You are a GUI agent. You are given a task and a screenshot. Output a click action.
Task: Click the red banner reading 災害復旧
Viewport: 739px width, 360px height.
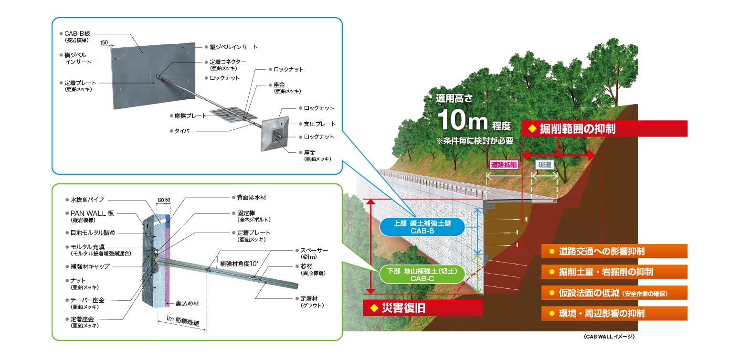click(x=422, y=308)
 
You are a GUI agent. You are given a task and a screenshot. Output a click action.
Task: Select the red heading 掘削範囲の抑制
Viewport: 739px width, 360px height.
click(x=604, y=129)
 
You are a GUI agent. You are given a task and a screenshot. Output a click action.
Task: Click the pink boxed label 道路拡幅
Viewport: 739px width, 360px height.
click(x=504, y=164)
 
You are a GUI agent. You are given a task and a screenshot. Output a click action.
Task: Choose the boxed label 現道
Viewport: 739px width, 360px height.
click(x=544, y=164)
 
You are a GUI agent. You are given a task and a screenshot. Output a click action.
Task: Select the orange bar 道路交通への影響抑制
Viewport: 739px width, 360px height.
click(x=614, y=251)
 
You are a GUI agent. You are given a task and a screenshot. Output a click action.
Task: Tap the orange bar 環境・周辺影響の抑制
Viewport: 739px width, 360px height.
click(x=614, y=313)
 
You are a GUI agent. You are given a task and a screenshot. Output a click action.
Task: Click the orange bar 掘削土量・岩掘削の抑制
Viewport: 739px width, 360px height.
click(x=614, y=272)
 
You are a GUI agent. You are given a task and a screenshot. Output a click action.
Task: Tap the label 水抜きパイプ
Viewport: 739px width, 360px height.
click(x=87, y=200)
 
